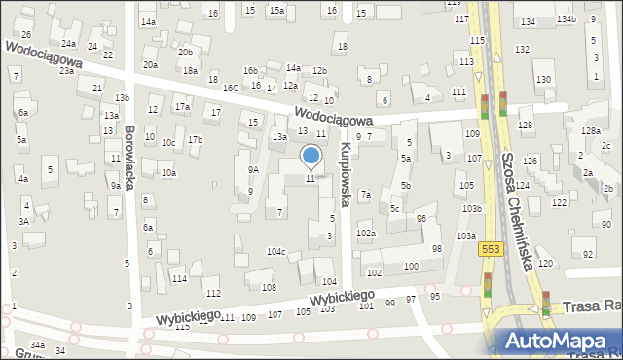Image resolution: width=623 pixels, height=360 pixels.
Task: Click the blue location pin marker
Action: pos(311,157)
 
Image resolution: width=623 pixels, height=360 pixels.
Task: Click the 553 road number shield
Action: pos(491,250)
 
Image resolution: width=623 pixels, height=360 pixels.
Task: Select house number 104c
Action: pos(276,252)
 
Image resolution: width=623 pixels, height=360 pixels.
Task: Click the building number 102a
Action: pos(366,234)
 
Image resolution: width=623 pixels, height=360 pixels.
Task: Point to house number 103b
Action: pos(472,209)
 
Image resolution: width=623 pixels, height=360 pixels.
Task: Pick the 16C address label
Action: pos(230,88)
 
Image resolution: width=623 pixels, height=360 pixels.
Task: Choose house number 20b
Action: pos(185,52)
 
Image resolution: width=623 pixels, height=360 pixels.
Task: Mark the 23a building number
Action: pos(66,71)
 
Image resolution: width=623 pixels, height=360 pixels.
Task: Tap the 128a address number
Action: pos(590,131)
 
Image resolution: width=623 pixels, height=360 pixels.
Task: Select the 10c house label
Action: pos(168,143)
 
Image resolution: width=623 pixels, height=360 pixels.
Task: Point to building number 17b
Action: pos(195,139)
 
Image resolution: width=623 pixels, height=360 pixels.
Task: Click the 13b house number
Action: pos(122,98)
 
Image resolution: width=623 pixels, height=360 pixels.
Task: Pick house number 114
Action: pos(179,278)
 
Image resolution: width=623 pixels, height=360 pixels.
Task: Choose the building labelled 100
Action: pos(411,266)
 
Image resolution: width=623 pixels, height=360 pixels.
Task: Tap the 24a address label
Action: pos(68,44)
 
